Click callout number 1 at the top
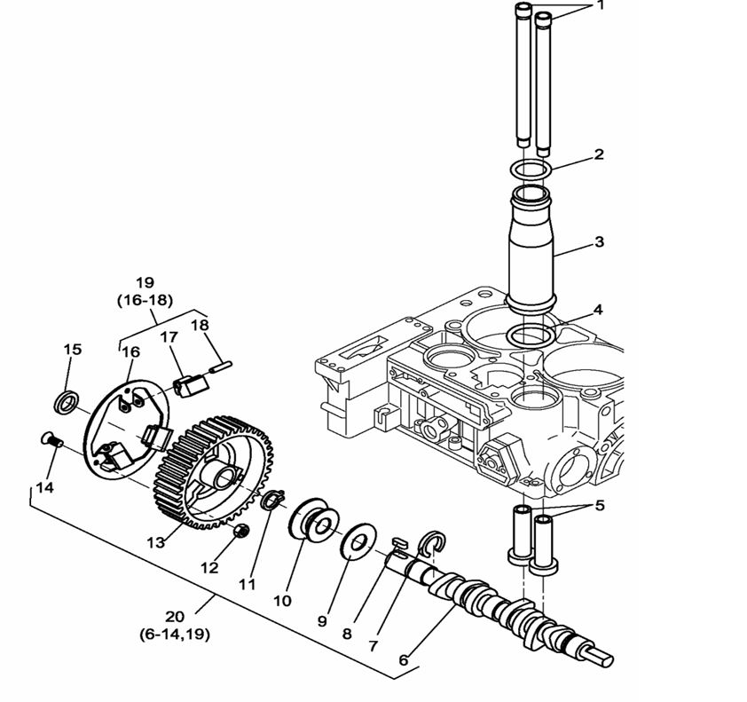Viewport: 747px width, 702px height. coord(600,6)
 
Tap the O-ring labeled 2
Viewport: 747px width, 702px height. coord(531,169)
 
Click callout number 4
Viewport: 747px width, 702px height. coord(598,310)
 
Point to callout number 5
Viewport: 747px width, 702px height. coord(600,507)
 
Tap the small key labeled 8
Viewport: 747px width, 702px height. coord(400,540)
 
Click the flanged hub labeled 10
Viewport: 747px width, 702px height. coord(312,525)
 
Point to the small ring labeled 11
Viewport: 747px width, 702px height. coord(272,502)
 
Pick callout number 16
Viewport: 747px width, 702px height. coord(130,352)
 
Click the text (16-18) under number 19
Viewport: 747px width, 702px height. coord(145,301)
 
